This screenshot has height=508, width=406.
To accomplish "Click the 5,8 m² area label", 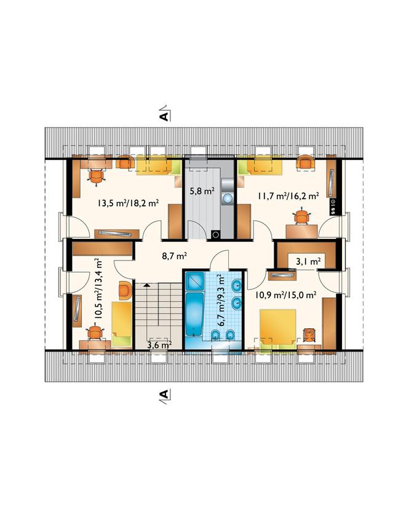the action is pyautogui.click(x=202, y=191).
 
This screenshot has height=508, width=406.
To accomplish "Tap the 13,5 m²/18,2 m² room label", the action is pyautogui.click(x=128, y=203).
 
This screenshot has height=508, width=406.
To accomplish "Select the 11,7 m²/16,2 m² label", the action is pyautogui.click(x=289, y=196).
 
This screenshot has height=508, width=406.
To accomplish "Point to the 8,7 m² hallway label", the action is pyautogui.click(x=175, y=257).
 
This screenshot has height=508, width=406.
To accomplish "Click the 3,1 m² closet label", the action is pyautogui.click(x=309, y=262).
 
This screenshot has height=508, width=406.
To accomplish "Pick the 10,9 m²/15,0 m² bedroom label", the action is pyautogui.click(x=286, y=295).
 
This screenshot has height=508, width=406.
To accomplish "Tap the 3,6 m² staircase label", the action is pyautogui.click(x=159, y=345).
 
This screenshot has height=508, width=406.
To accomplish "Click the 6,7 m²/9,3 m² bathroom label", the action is pyautogui.click(x=222, y=300).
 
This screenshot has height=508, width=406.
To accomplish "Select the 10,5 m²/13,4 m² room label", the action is pyautogui.click(x=98, y=289).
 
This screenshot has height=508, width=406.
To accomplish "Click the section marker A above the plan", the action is pyautogui.click(x=164, y=116).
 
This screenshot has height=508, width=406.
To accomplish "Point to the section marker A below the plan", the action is pyautogui.click(x=164, y=394).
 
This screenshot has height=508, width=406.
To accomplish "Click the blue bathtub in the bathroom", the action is pyautogui.click(x=194, y=314).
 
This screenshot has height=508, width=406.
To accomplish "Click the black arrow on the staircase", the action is pyautogui.click(x=147, y=285).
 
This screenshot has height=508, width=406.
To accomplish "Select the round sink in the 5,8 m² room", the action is pyautogui.click(x=228, y=198).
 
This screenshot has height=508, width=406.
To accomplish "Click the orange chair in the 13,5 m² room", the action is pyautogui.click(x=97, y=177).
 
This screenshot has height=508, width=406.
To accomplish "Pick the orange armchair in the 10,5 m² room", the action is pyautogui.click(x=125, y=290).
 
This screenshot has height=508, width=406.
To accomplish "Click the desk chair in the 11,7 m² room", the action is pyautogui.click(x=301, y=217).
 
